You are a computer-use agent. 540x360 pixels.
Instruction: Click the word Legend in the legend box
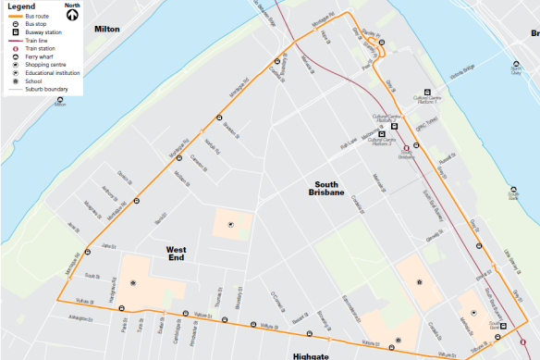[x=19, y=6]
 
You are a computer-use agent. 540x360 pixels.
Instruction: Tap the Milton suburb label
[x=107, y=30]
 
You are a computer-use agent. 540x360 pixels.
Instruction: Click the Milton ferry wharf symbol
[x=60, y=97]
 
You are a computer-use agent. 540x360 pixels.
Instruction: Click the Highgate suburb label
[x=310, y=355]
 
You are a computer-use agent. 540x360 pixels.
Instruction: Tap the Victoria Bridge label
[x=464, y=68]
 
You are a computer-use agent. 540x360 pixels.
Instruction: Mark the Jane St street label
[x=111, y=245]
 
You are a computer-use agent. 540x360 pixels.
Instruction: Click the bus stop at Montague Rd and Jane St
[x=87, y=251]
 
